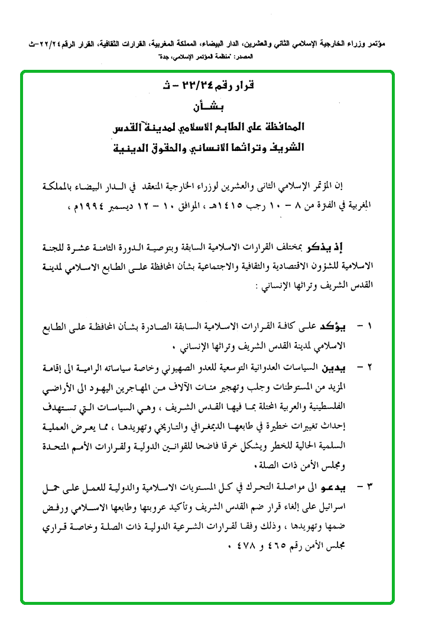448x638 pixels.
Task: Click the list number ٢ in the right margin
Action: pos(370,368)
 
